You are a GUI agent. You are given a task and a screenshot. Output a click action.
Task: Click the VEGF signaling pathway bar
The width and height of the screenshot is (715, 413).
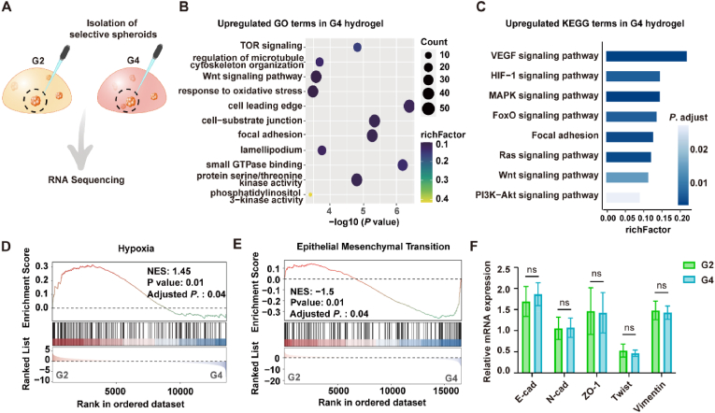click(x=646, y=56)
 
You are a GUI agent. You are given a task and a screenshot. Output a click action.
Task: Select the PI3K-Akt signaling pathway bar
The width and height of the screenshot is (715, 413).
click(x=622, y=196)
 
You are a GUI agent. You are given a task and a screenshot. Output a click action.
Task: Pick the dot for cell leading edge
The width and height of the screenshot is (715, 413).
click(x=408, y=107)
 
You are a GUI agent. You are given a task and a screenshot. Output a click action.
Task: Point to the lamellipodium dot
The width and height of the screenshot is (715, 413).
click(x=322, y=150)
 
